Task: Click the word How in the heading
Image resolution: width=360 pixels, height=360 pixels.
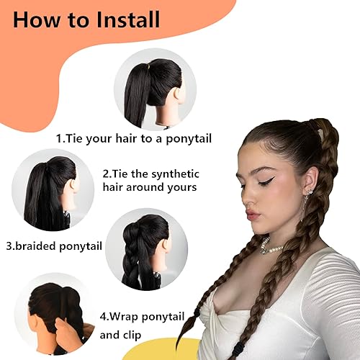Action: (37, 19)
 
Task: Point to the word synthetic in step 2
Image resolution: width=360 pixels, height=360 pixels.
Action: (171, 174)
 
